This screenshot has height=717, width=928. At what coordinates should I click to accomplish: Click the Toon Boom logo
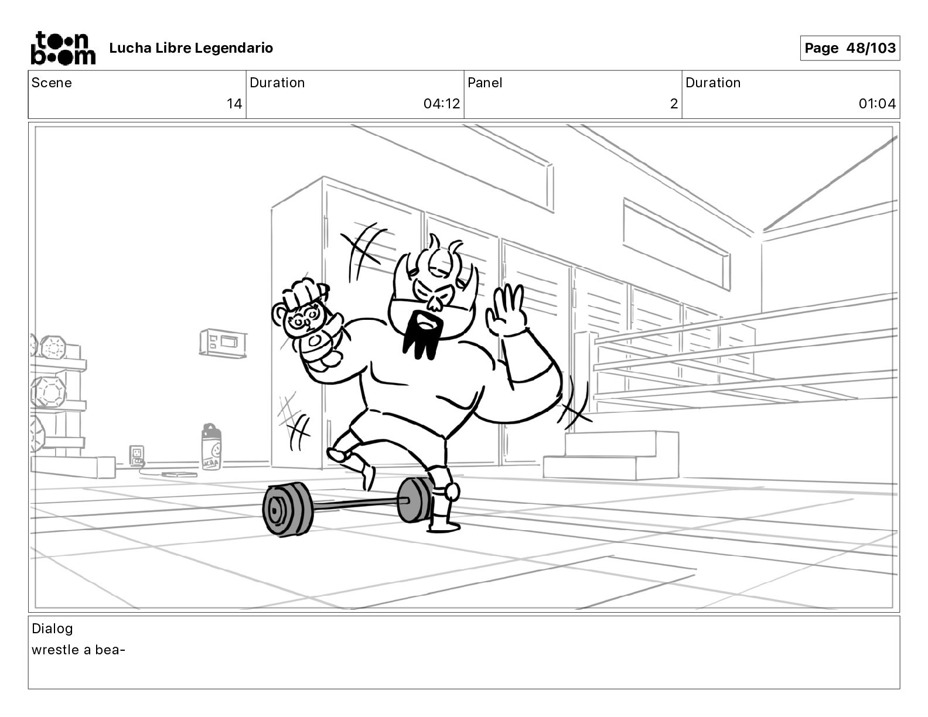tap(63, 48)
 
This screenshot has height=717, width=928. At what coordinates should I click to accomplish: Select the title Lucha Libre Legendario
tap(191, 48)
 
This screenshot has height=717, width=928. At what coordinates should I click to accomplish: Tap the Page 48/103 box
tap(850, 48)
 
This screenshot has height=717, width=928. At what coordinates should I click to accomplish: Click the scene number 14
tap(234, 104)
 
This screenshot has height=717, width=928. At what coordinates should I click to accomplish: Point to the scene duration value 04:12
tap(442, 104)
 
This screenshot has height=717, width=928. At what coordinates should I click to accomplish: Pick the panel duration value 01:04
tap(877, 104)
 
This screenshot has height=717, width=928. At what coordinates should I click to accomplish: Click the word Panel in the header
tap(485, 83)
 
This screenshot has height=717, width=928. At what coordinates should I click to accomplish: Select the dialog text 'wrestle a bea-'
tap(79, 650)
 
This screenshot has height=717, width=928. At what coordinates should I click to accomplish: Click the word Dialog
tap(52, 629)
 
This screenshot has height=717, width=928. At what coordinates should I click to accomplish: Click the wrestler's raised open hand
tap(506, 312)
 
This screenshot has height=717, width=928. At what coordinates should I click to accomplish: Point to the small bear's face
tap(304, 318)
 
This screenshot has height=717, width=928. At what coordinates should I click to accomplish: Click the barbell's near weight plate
tap(286, 509)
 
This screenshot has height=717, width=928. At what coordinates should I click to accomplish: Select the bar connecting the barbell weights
tap(357, 504)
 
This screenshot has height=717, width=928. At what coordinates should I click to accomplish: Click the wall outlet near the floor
tap(137, 455)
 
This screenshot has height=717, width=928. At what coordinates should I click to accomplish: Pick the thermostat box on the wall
tap(223, 343)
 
